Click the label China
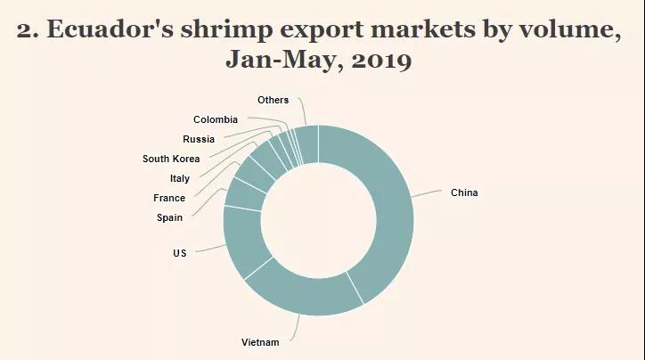(x=464, y=192)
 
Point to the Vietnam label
(x=260, y=343)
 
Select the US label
(x=180, y=254)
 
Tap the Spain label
(x=170, y=217)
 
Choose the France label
(x=169, y=198)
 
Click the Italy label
(x=179, y=178)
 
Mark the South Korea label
(x=171, y=159)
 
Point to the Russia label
(x=199, y=139)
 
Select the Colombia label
(x=216, y=119)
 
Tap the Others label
(x=273, y=100)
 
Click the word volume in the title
(x=567, y=30)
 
